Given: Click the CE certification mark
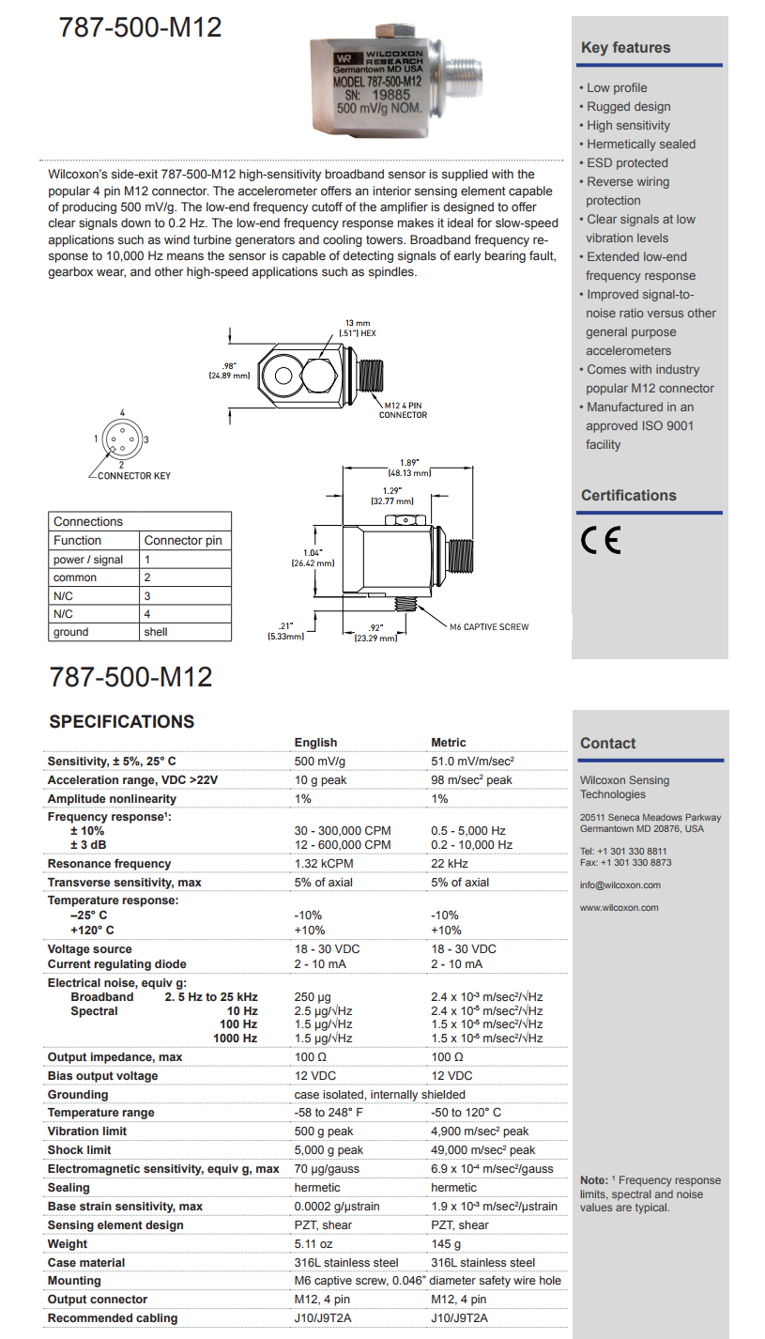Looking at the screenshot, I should pyautogui.click(x=601, y=542).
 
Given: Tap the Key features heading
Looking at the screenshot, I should pyautogui.click(x=625, y=48).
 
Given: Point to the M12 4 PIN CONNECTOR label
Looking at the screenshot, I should pyautogui.click(x=403, y=409).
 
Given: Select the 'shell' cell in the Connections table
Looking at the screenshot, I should pyautogui.click(x=156, y=632).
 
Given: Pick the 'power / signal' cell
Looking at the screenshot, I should pyautogui.click(x=88, y=559).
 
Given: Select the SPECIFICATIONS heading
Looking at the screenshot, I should pyautogui.click(x=121, y=721).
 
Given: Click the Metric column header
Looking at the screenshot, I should pyautogui.click(x=449, y=743).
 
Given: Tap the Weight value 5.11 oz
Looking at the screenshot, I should pyautogui.click(x=314, y=1244).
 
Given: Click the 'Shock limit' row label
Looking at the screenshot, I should pyautogui.click(x=79, y=1150).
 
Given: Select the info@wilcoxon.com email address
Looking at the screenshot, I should pyautogui.click(x=620, y=885).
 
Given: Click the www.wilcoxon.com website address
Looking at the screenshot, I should pyautogui.click(x=619, y=908).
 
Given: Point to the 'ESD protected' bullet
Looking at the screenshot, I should pyautogui.click(x=628, y=162).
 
